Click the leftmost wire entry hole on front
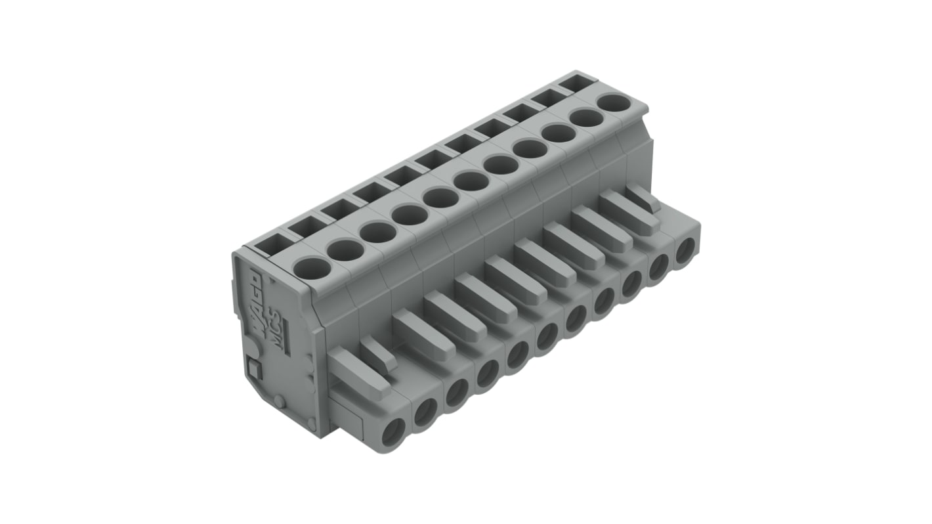[393, 434]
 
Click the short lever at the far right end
[642, 198]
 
